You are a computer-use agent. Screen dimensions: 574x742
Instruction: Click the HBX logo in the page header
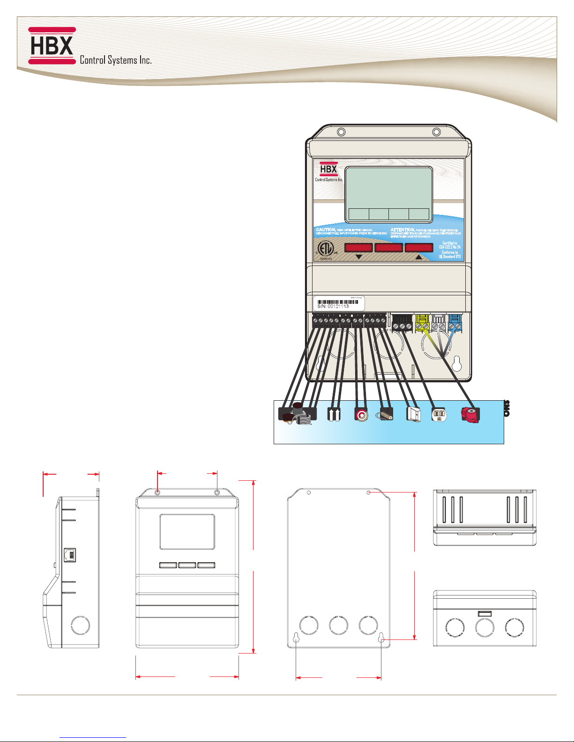(x=52, y=45)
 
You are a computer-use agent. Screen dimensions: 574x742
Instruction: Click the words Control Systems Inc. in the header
(x=115, y=60)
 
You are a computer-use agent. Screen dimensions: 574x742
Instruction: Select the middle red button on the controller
(x=388, y=248)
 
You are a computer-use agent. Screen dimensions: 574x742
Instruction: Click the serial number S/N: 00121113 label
(x=333, y=306)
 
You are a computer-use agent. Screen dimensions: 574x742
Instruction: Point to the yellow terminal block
(x=423, y=323)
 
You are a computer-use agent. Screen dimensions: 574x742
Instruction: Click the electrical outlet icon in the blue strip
(x=440, y=414)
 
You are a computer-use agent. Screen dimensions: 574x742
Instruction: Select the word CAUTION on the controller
(x=326, y=230)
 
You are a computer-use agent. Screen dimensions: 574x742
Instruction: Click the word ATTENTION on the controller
(x=403, y=230)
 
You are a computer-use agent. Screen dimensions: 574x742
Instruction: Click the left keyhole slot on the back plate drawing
(x=297, y=637)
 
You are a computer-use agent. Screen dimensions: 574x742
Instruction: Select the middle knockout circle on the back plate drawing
(x=338, y=625)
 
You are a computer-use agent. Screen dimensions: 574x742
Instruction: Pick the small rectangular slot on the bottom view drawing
(x=485, y=613)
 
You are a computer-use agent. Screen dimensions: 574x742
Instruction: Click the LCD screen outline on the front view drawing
(x=187, y=532)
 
